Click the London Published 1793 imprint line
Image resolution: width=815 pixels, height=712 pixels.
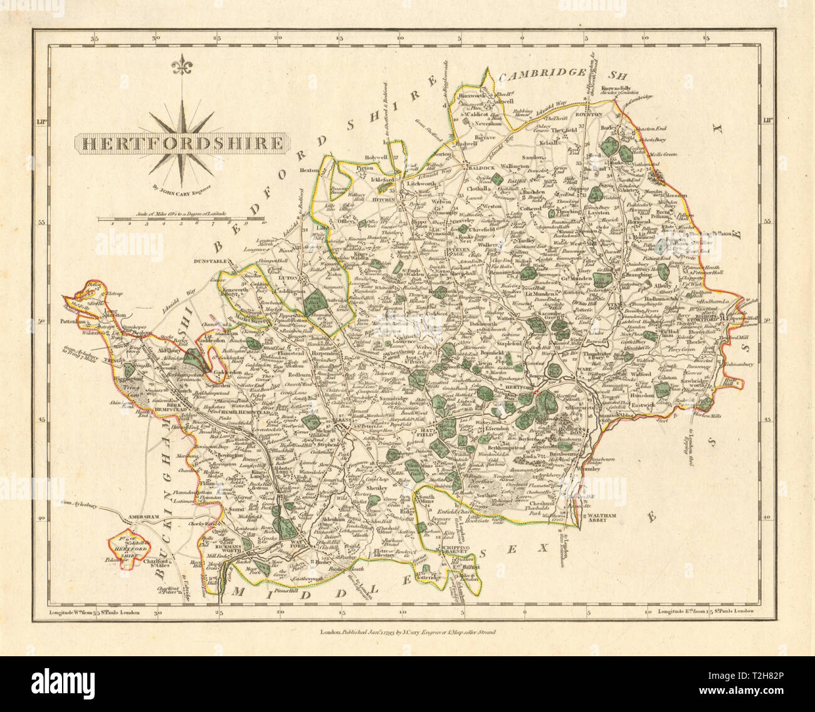(407, 632)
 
